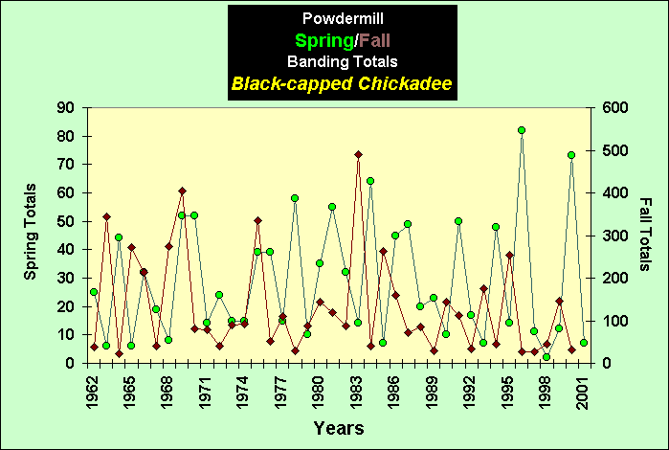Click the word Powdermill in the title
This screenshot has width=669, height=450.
coord(341,18)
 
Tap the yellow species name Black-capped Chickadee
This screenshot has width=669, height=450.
coord(341,84)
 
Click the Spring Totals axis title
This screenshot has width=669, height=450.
coord(31,232)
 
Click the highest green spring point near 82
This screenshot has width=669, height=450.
coord(522,130)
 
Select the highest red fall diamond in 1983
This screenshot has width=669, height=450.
coord(358,154)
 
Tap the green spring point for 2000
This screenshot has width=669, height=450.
coord(571,155)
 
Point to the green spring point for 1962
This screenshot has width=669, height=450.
coord(94,292)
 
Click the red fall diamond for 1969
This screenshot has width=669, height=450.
coord(182,191)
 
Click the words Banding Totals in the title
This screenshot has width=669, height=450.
coord(341,62)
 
